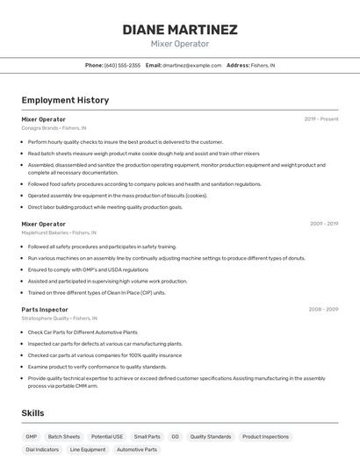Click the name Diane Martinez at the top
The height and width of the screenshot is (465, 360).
[x=180, y=29]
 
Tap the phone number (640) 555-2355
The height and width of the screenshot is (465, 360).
[x=122, y=65]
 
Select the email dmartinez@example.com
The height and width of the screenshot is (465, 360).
[x=191, y=65]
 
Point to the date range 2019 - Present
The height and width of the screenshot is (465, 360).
[x=321, y=118]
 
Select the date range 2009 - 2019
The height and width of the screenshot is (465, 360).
[x=324, y=224]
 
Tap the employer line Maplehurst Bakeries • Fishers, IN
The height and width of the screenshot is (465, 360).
[x=59, y=232]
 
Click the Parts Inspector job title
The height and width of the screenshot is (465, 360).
[x=45, y=309]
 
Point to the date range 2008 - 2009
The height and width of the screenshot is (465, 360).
[x=323, y=309]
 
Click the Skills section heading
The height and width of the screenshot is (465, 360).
[x=33, y=412]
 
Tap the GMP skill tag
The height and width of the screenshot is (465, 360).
[x=32, y=436]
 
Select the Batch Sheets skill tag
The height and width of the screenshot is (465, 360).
[x=64, y=436]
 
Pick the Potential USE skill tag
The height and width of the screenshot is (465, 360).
[x=107, y=436]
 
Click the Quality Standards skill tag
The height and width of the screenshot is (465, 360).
[x=211, y=436]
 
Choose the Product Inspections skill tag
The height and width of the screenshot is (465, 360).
[x=265, y=436]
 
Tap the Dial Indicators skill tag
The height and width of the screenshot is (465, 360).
[x=42, y=449]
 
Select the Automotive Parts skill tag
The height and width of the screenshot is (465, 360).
[x=137, y=449]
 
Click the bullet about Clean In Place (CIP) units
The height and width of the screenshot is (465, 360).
[x=97, y=292]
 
